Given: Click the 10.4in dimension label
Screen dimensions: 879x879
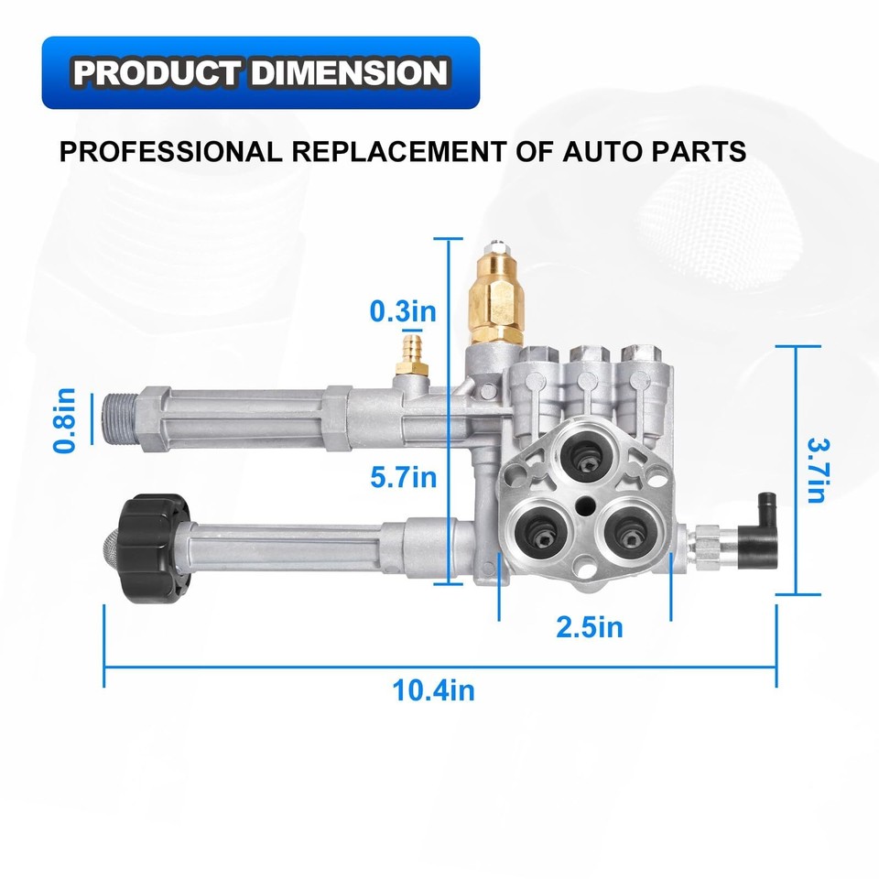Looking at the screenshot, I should [434, 689].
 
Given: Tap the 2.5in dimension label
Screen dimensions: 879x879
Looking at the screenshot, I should [589, 627].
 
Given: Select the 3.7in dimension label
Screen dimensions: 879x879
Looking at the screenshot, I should [814, 469].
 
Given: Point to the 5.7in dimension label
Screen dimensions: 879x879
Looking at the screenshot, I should [403, 476].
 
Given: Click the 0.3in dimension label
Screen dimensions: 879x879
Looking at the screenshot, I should [403, 311].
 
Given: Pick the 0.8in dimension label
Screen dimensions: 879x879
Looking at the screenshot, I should [64, 421].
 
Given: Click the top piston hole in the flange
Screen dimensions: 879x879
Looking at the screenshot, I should [582, 448].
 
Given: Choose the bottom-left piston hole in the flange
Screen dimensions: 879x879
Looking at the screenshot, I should [535, 526].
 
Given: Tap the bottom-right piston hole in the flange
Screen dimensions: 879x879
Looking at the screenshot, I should [632, 528].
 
